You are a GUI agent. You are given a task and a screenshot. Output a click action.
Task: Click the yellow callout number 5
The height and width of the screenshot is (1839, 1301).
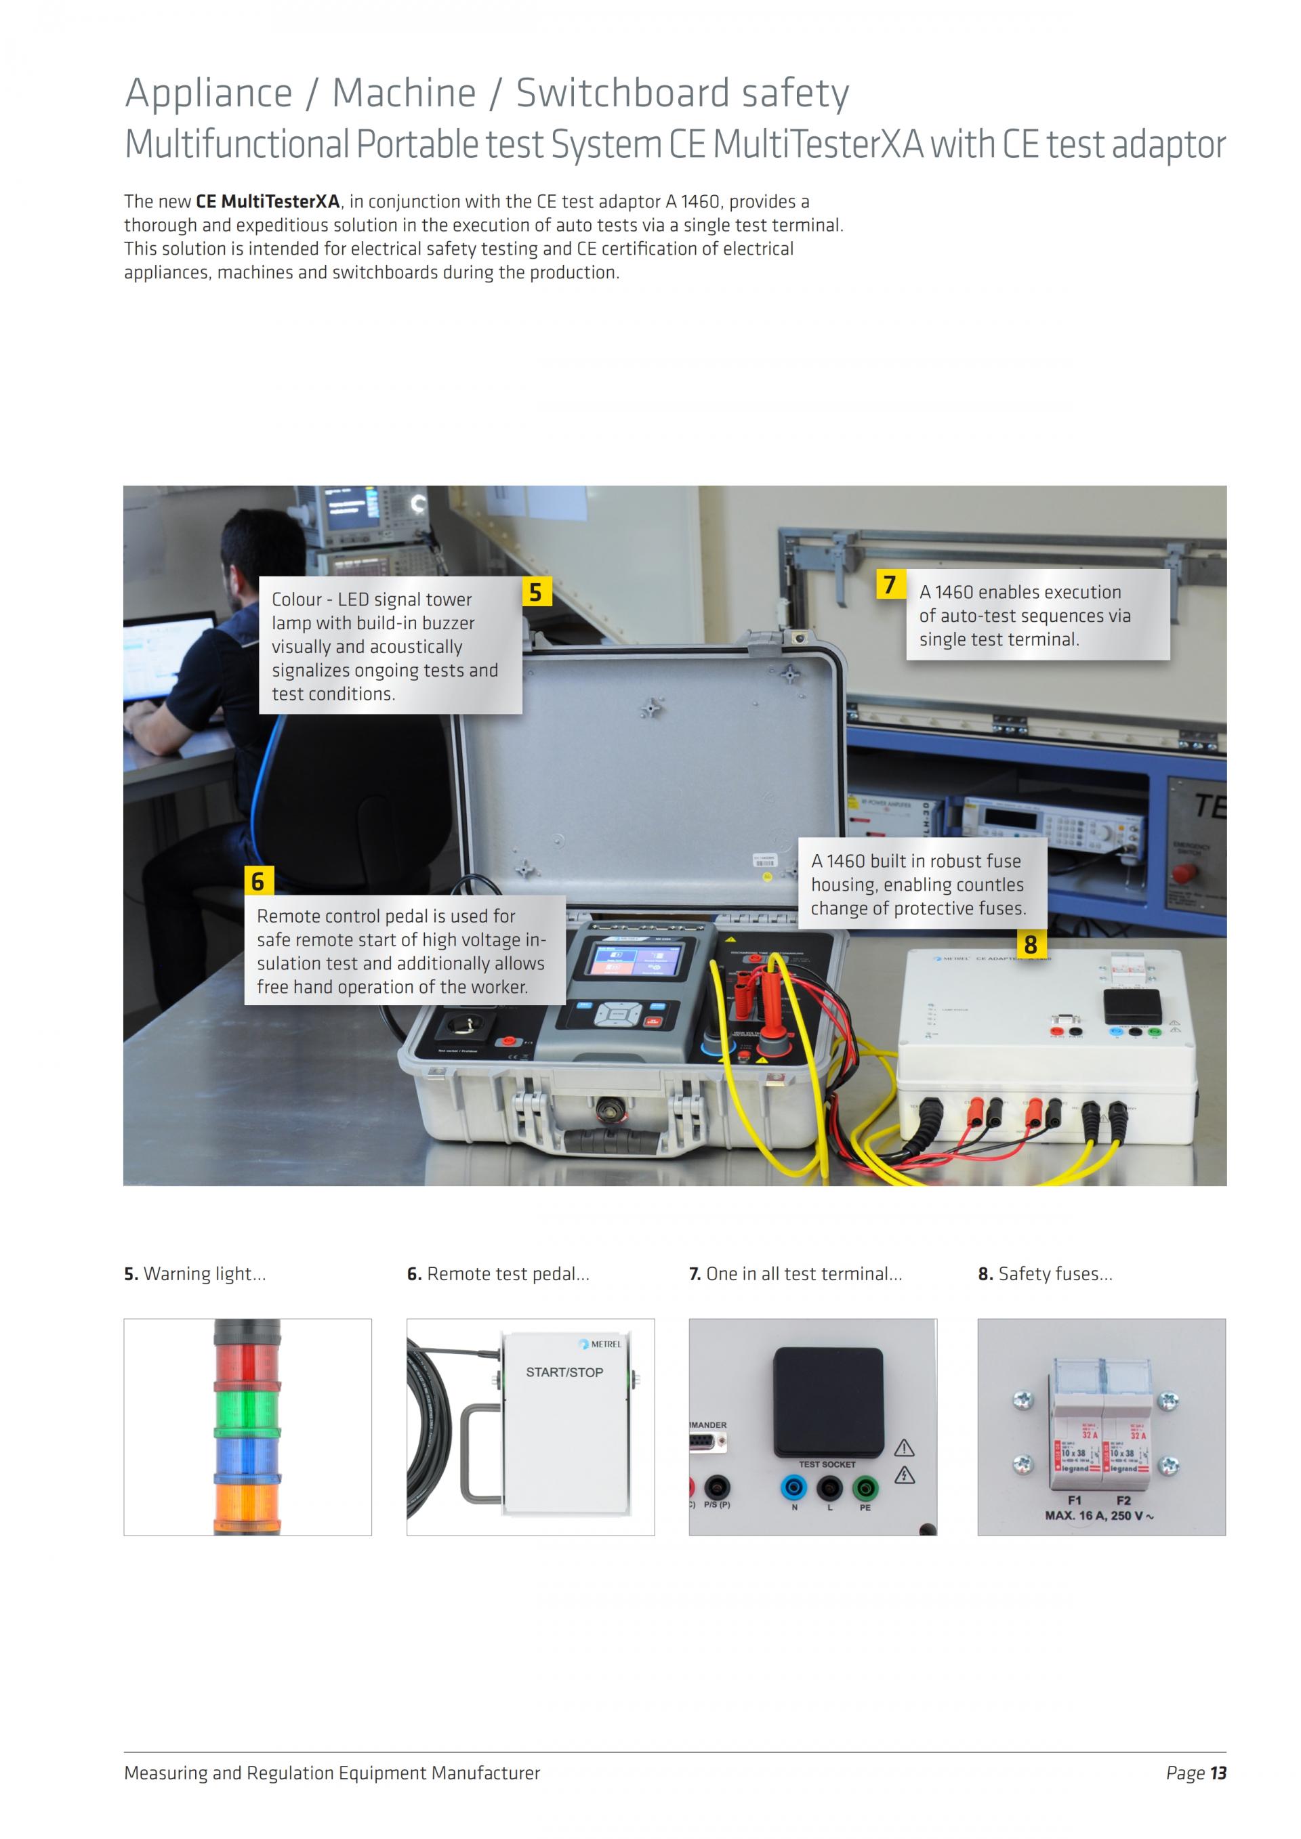(536, 593)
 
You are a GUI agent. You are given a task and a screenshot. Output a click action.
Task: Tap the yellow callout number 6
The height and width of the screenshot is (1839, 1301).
(258, 881)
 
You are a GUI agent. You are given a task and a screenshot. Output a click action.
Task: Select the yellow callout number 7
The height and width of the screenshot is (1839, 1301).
(889, 585)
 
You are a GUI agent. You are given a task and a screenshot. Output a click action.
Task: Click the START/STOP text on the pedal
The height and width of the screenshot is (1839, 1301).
(564, 1372)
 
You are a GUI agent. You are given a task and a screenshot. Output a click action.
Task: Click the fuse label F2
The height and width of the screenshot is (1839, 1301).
(1123, 1500)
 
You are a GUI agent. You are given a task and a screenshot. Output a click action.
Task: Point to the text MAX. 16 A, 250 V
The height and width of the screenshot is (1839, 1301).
(1098, 1515)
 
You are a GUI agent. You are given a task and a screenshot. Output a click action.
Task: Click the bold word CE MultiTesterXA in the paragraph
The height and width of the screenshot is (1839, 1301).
(268, 201)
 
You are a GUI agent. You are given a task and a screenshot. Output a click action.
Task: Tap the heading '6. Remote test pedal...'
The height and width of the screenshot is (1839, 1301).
(497, 1273)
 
